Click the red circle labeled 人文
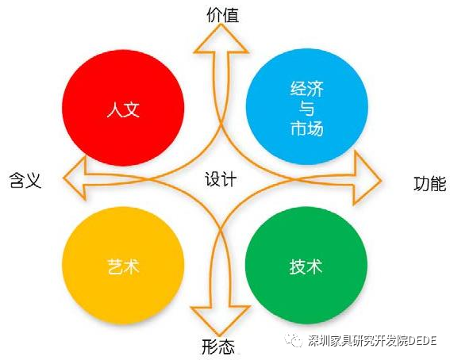[123, 108]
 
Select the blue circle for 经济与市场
[307, 106]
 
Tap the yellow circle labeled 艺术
[123, 266]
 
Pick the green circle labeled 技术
[306, 266]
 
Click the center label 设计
[221, 179]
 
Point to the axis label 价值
[223, 15]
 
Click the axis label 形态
[218, 347]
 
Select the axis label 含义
[25, 181]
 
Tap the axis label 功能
[430, 184]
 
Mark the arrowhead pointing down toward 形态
[221, 320]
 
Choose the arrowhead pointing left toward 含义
[75, 178]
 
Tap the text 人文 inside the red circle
[123, 109]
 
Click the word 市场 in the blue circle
[307, 128]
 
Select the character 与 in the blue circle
[307, 109]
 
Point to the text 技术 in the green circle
[306, 266]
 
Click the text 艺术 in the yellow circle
[123, 266]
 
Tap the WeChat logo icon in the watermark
[294, 340]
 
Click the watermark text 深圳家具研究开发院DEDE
[372, 341]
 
